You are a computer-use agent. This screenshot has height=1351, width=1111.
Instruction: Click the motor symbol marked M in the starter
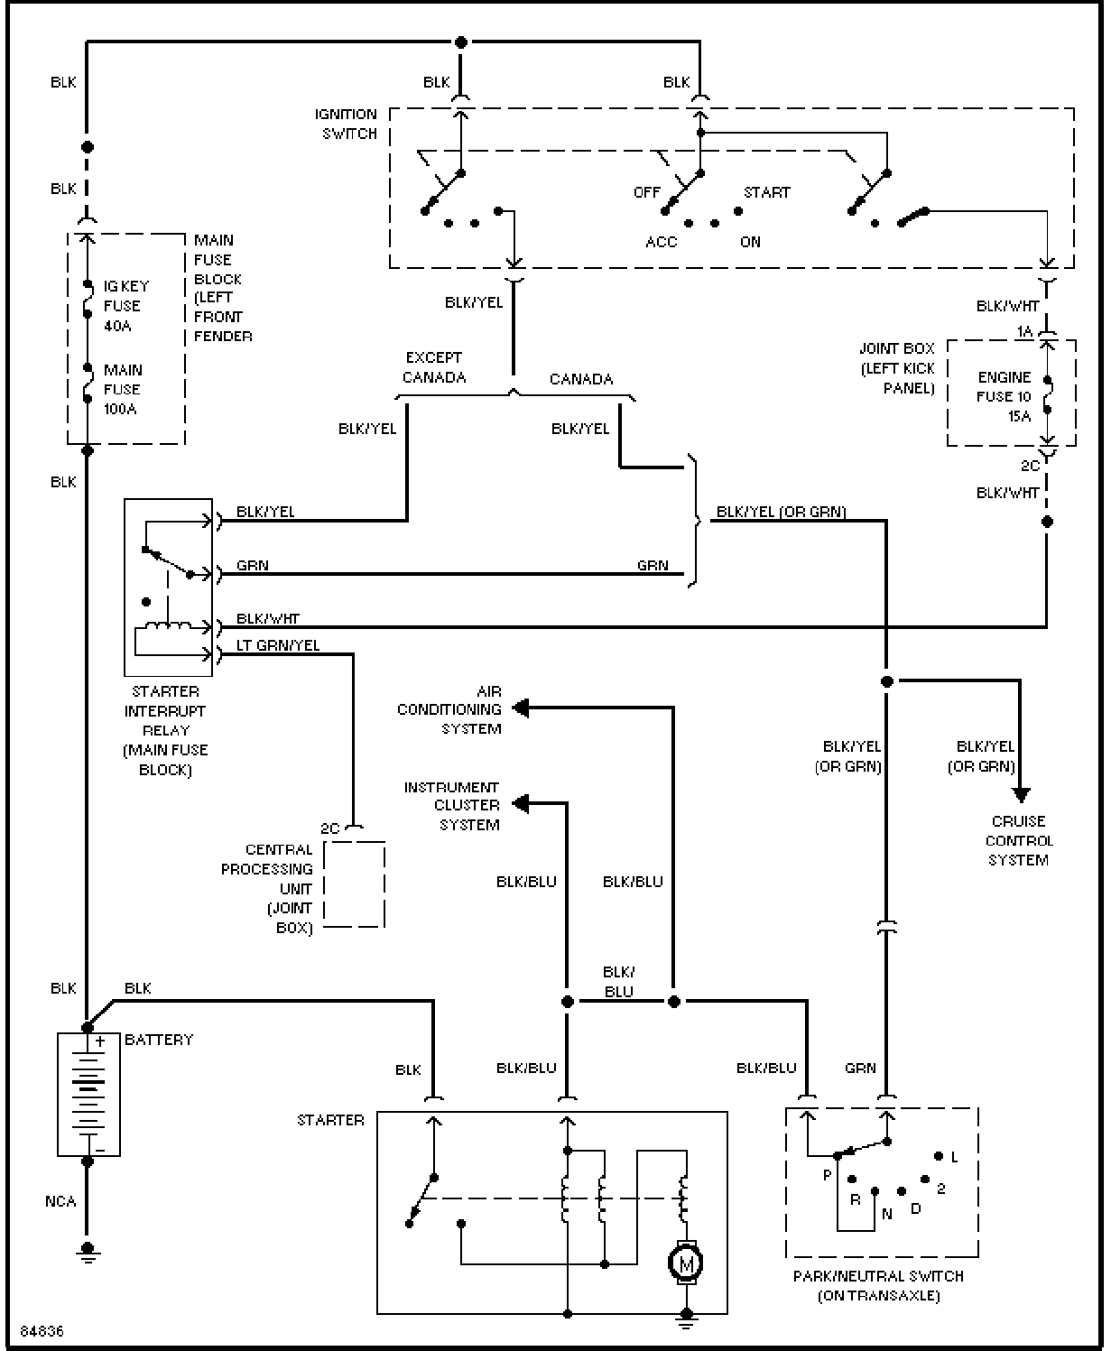click(x=686, y=1263)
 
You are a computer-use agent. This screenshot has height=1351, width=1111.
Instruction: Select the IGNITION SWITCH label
click(x=346, y=124)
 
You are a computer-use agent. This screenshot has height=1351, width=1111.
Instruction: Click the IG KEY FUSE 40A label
click(x=126, y=306)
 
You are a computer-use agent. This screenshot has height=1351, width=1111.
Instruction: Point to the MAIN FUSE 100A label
click(x=123, y=390)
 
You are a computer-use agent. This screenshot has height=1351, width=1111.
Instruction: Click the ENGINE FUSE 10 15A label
click(x=1004, y=396)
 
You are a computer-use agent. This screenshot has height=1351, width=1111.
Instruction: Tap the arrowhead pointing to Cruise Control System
click(x=1021, y=795)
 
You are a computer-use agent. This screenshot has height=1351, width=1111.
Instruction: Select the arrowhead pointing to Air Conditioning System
click(x=521, y=708)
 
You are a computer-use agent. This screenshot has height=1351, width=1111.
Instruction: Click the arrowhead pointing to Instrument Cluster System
click(x=521, y=803)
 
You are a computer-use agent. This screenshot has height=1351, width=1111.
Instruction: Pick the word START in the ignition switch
click(x=767, y=192)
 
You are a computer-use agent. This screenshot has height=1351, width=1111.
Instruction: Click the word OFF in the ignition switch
click(x=646, y=192)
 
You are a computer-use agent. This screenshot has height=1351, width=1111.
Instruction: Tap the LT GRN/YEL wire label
click(x=277, y=645)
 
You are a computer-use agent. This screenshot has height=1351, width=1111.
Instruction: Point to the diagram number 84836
click(x=42, y=1331)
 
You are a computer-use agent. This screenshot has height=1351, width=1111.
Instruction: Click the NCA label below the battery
click(x=60, y=1201)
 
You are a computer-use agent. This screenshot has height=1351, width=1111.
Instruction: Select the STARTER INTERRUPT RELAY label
click(x=165, y=730)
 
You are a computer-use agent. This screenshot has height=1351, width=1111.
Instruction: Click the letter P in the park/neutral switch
click(x=828, y=1175)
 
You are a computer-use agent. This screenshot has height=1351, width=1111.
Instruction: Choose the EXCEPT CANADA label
click(x=434, y=367)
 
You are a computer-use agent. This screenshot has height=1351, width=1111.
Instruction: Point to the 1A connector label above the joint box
click(x=1025, y=331)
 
